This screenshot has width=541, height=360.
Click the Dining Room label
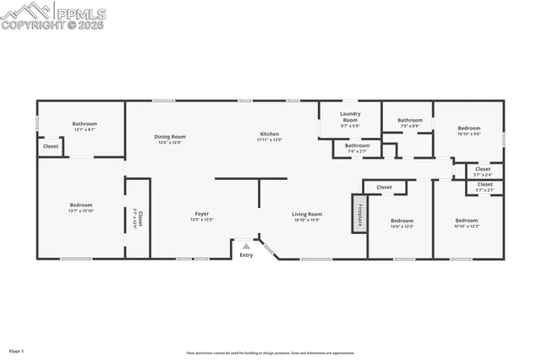(x=169, y=137)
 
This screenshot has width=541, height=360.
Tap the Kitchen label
(x=269, y=134)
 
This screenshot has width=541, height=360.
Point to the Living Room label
(x=307, y=214)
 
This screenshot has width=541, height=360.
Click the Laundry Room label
(x=350, y=117)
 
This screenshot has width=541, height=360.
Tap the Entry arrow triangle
(x=246, y=246)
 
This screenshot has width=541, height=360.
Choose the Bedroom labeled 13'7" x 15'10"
(x=81, y=205)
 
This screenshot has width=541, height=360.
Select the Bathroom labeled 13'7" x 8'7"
(x=84, y=124)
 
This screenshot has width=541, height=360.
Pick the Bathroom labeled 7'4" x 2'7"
(x=357, y=145)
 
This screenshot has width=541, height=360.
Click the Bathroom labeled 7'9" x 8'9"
(x=410, y=120)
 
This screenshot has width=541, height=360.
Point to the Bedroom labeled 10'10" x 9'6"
(x=468, y=128)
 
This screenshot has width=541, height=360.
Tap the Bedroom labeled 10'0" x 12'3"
(x=402, y=221)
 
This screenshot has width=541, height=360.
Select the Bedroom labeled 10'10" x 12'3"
(x=467, y=221)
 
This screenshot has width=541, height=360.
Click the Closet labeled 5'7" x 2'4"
(x=483, y=169)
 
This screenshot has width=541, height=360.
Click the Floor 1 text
(x=17, y=350)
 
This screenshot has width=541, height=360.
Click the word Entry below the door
(x=246, y=255)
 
